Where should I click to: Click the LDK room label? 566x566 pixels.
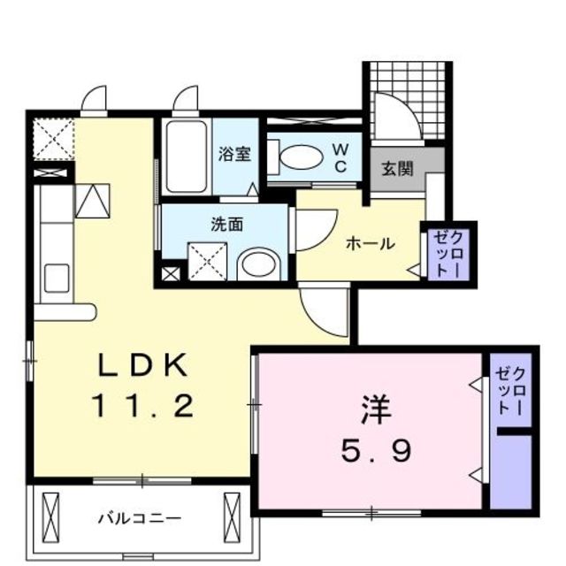click(141, 364)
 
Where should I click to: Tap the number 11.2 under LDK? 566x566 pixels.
click(141, 406)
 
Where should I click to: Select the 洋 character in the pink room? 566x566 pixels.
click(374, 413)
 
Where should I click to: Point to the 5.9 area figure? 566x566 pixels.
click(375, 453)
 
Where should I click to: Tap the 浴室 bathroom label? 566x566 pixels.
click(234, 154)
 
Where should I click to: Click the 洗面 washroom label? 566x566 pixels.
click(226, 225)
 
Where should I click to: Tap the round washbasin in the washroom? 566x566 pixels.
click(258, 263)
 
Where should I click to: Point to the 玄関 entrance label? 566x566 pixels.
click(397, 168)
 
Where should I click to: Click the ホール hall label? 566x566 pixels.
click(370, 243)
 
